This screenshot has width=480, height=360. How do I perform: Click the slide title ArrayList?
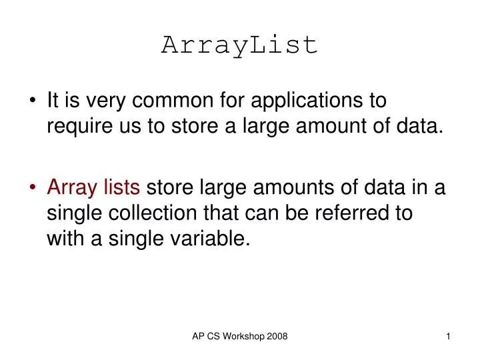pyautogui.click(x=240, y=45)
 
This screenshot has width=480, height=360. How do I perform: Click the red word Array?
pyautogui.click(x=72, y=189)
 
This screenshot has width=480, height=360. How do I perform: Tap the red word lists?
pyautogui.click(x=122, y=189)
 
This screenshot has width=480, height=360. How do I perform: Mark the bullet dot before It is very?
pyautogui.click(x=33, y=101)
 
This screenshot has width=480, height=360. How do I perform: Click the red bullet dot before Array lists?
pyautogui.click(x=33, y=189)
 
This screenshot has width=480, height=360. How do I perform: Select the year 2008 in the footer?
pyautogui.click(x=277, y=337)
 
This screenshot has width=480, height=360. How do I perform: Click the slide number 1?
pyautogui.click(x=449, y=337)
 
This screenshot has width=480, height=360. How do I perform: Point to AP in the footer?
pyautogui.click(x=198, y=337)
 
